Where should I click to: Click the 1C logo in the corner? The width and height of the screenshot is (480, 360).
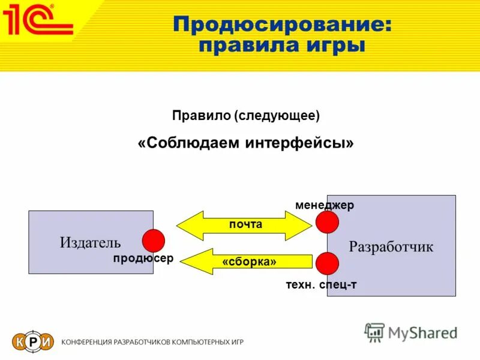click(x=37, y=19)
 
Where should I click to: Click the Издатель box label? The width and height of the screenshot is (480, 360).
click(x=90, y=242)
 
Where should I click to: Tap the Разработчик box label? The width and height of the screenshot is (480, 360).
click(x=391, y=247)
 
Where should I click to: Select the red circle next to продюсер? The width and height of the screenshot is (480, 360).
click(x=153, y=241)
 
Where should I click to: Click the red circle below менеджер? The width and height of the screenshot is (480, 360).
click(x=328, y=222)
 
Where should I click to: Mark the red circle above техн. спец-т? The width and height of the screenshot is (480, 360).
click(x=328, y=263)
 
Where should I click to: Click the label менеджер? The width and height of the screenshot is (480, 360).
click(x=325, y=205)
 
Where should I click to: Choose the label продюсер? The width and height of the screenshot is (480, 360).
click(x=143, y=258)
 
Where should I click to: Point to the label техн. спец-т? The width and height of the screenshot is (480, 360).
click(x=321, y=284)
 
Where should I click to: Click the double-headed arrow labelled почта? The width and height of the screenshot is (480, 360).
click(x=245, y=225)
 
